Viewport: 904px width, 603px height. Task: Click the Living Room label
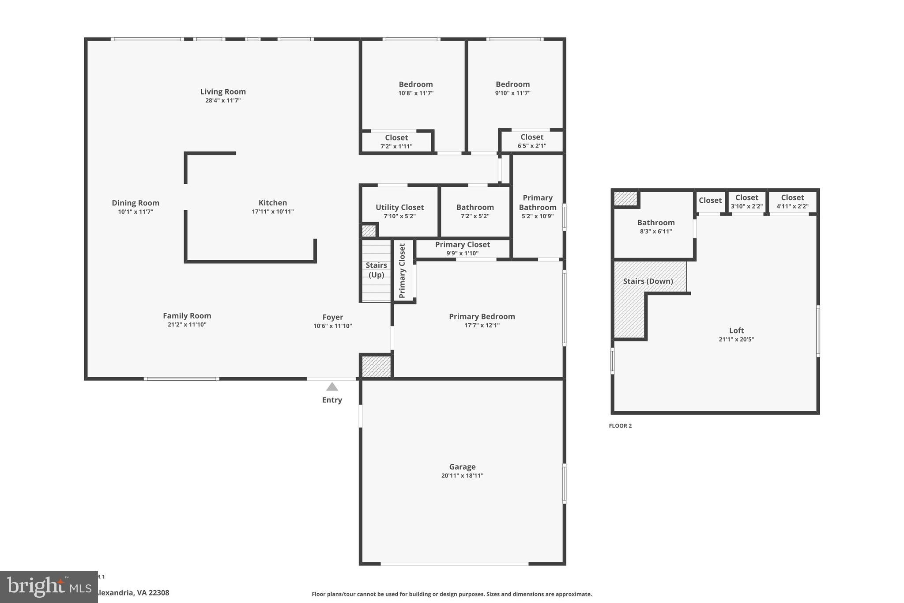pyautogui.click(x=223, y=91)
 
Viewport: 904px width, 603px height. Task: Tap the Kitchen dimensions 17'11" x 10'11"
pyautogui.click(x=272, y=212)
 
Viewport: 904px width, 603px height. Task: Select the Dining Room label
pyautogui.click(x=135, y=203)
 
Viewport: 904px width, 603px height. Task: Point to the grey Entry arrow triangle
pyautogui.click(x=332, y=387)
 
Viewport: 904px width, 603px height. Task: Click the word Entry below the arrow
pyautogui.click(x=332, y=400)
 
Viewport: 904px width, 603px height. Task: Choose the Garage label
pyautogui.click(x=462, y=466)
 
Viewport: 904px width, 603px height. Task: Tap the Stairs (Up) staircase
pyautogui.click(x=376, y=270)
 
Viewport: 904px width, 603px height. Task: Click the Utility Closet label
pyautogui.click(x=399, y=207)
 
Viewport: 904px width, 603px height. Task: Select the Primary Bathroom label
pyautogui.click(x=537, y=202)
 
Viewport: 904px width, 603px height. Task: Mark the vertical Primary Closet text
pyautogui.click(x=402, y=271)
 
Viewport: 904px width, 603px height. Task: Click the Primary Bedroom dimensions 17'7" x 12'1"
pyautogui.click(x=482, y=326)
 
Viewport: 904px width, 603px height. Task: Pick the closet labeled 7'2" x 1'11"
pyautogui.click(x=396, y=142)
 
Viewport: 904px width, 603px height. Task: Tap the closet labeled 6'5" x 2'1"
pyautogui.click(x=531, y=141)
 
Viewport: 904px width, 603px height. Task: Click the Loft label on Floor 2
pyautogui.click(x=736, y=330)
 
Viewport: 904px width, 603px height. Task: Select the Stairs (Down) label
pyautogui.click(x=648, y=281)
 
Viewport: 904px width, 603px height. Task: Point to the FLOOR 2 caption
pyautogui.click(x=620, y=426)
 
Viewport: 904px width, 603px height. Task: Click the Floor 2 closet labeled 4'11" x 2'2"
pyautogui.click(x=792, y=201)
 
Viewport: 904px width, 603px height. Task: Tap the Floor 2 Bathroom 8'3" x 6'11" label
pyautogui.click(x=655, y=227)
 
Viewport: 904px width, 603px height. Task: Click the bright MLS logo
pyautogui.click(x=49, y=587)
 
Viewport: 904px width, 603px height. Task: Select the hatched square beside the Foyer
pyautogui.click(x=376, y=366)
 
